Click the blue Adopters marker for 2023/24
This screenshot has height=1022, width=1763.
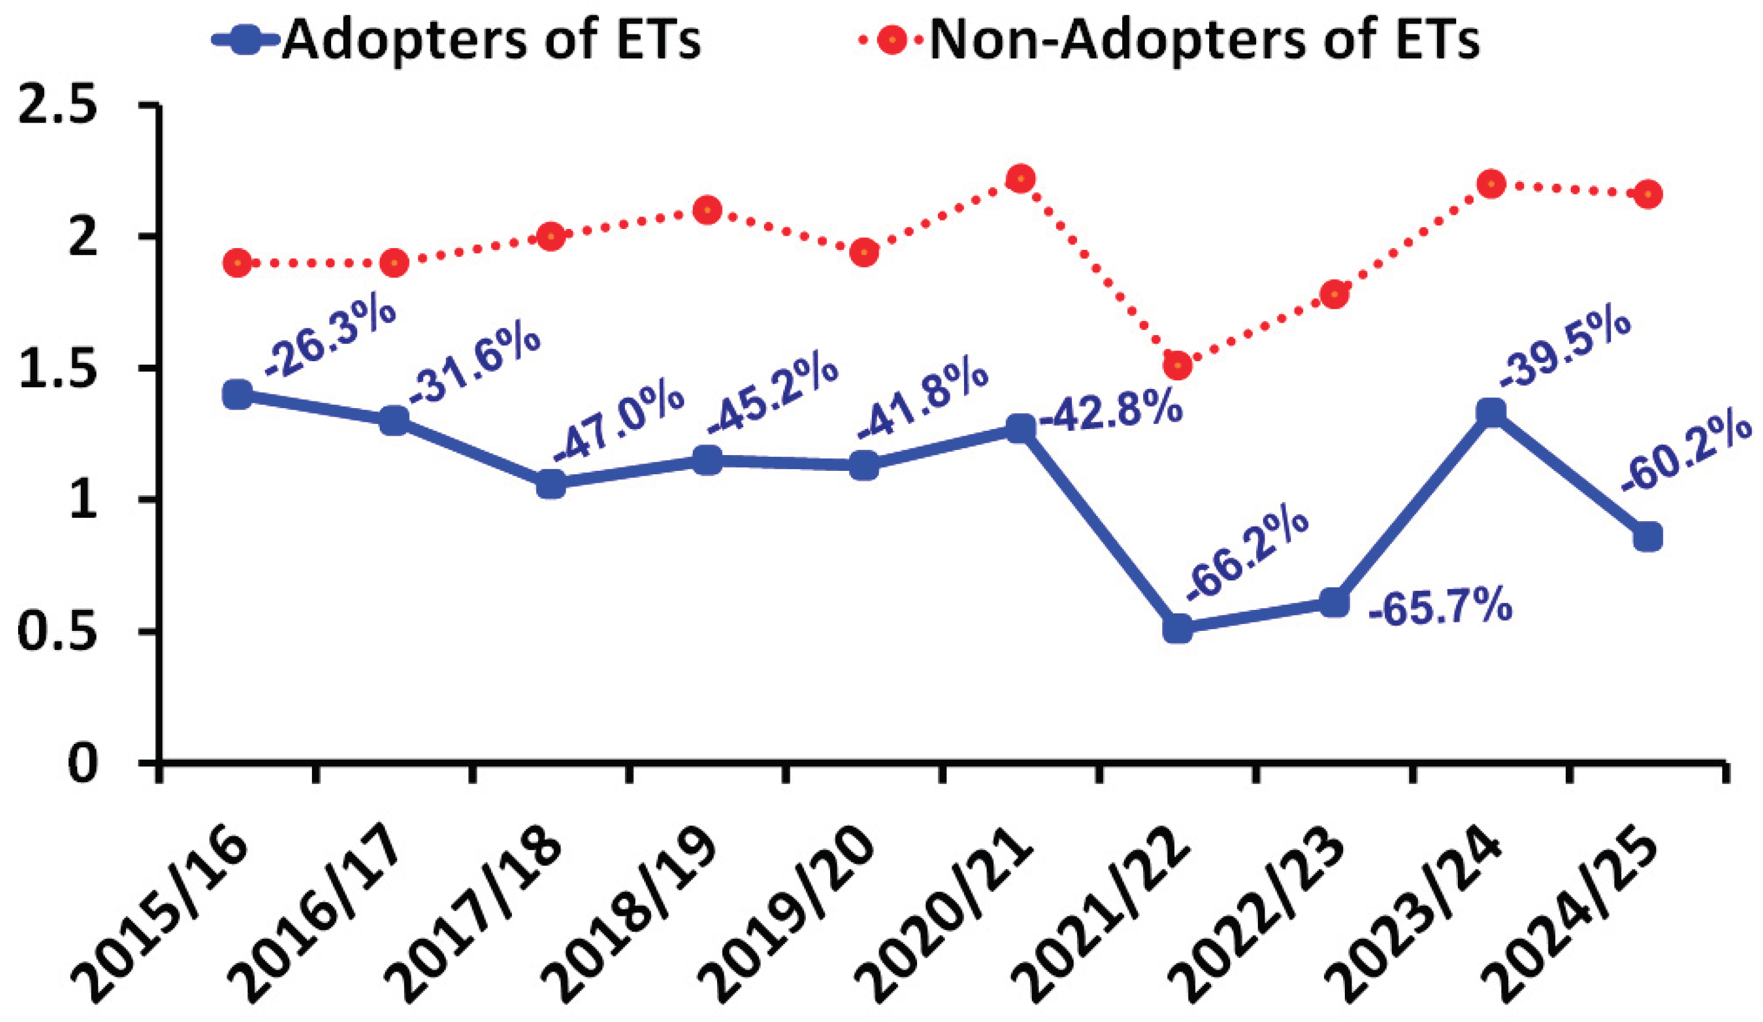pyautogui.click(x=1491, y=412)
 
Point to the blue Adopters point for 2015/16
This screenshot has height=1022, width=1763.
pyautogui.click(x=238, y=394)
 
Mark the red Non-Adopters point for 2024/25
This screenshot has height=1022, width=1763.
pyautogui.click(x=1648, y=194)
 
